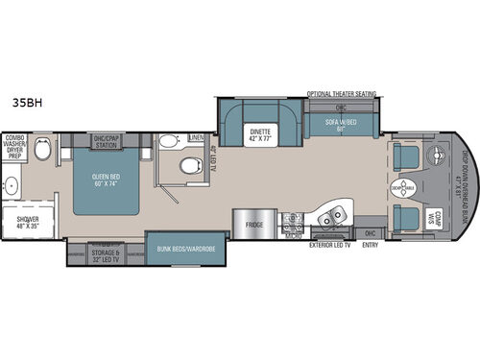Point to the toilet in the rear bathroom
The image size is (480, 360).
41,153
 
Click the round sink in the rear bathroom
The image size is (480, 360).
13,184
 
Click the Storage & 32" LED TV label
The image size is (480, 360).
104,256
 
